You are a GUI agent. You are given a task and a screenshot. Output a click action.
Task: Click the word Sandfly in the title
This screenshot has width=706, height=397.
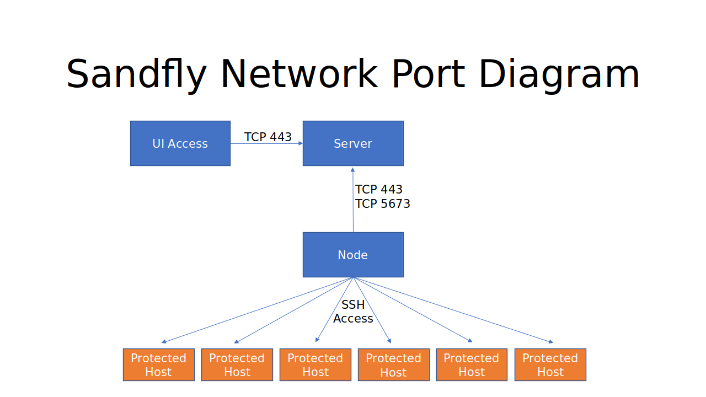136,74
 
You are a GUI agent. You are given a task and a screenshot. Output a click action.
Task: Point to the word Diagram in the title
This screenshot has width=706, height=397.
559,74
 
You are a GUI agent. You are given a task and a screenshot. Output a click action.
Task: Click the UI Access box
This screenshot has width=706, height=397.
180,143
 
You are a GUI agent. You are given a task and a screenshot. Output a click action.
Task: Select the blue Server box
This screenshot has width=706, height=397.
353,143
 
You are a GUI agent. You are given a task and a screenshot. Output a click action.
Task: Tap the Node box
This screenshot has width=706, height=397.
353,255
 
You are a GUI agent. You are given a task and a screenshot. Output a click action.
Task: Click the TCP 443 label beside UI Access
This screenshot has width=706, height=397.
268,137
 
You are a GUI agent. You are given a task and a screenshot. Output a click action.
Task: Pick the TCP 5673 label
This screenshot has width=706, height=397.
383,204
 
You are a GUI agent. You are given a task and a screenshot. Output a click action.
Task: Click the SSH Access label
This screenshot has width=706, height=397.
353,312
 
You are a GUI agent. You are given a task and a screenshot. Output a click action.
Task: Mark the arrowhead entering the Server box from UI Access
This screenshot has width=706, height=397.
301,143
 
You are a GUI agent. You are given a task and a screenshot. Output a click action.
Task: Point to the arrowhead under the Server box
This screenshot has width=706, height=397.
353,169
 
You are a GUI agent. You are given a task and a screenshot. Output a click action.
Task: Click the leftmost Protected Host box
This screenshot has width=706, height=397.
159,364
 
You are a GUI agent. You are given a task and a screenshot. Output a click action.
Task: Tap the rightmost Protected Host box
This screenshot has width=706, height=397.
550,364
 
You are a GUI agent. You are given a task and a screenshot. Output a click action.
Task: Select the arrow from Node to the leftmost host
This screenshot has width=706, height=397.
258,310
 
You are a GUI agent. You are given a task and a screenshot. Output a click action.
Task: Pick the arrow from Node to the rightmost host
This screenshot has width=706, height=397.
452,310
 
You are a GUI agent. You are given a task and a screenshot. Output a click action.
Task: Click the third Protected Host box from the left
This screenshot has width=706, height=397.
315,364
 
